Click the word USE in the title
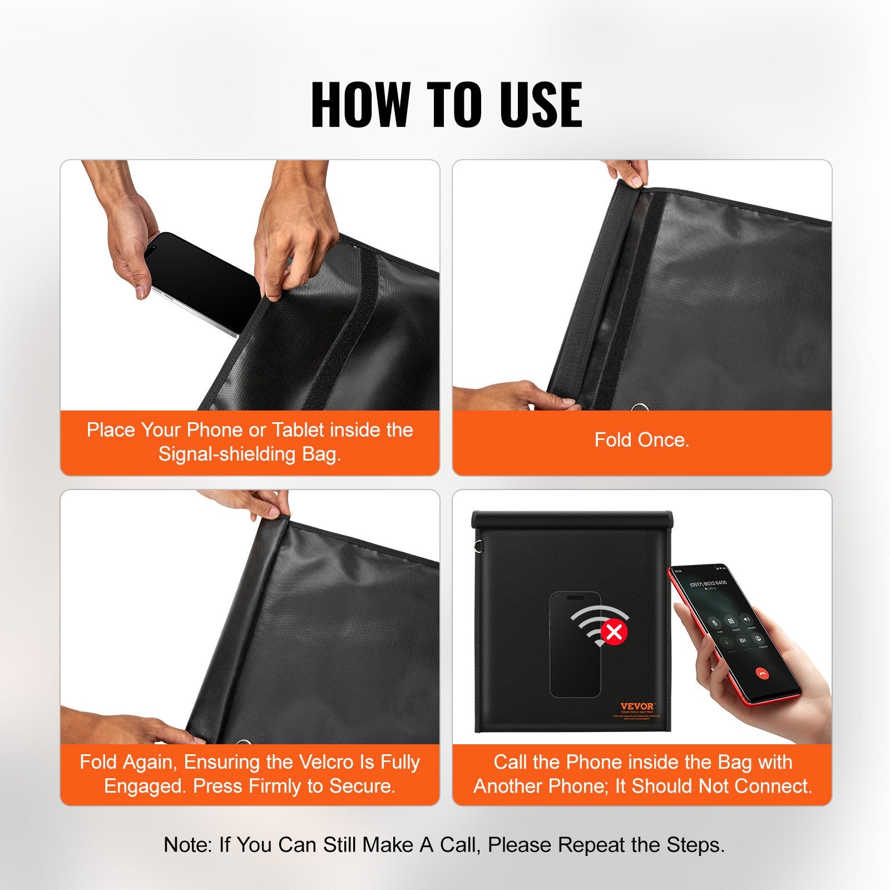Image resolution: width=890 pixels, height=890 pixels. (x=540, y=105)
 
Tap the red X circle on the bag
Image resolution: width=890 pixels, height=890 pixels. (x=614, y=632)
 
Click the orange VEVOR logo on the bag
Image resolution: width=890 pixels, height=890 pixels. (x=637, y=706)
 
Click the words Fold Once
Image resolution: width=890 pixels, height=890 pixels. (x=641, y=440)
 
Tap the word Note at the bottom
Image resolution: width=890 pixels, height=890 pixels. (x=187, y=844)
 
